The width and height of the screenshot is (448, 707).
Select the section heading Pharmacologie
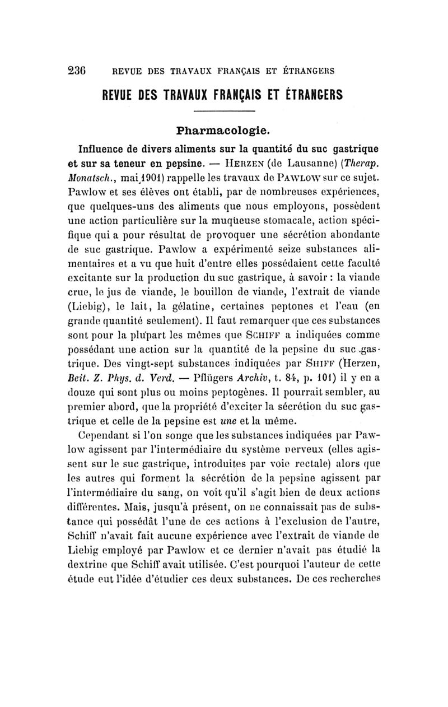223,132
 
